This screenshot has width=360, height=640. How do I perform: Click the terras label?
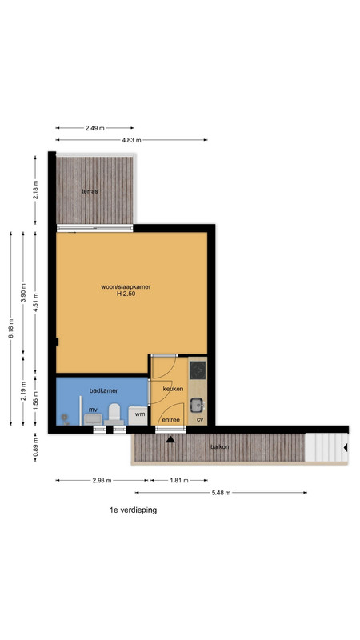pos(90,191)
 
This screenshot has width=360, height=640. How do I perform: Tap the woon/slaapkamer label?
pos(126,286)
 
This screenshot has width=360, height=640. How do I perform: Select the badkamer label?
pos(104,390)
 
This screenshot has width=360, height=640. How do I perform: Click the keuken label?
pos(173,389)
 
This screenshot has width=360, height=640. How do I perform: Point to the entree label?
pos(171,419)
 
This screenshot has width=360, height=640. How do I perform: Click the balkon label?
pos(219,447)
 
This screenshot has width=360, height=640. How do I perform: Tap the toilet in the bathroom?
pos(114,413)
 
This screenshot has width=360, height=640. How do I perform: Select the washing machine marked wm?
pos(138,415)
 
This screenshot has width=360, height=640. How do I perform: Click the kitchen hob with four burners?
pos(198,370)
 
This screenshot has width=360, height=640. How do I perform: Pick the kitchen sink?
pos(198,405)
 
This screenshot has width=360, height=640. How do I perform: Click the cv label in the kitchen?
pos(200,419)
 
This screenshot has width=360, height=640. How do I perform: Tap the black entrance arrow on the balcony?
pos(170,439)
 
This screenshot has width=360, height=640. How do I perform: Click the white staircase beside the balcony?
pos(326,447)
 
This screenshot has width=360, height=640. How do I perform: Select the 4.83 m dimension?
pos(131,140)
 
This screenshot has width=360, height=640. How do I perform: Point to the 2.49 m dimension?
pos(94,128)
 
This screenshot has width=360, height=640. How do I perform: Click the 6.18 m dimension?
pos(10,329)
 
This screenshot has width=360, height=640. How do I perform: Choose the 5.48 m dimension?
pos(221,493)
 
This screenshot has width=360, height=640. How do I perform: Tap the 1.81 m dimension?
pos(179,481)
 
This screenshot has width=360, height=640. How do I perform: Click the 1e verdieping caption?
pos(133,510)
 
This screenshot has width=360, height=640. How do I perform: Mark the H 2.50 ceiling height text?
pos(126,293)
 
